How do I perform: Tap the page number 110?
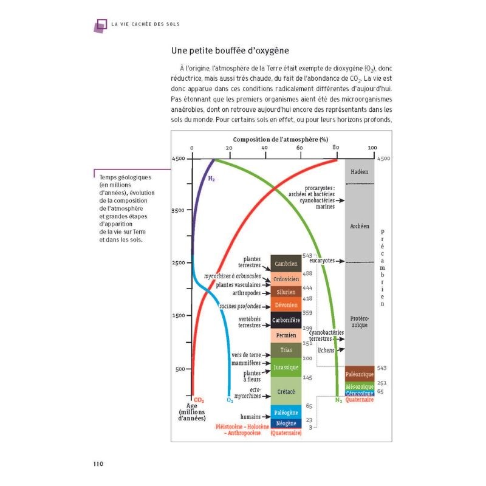tap(100, 464)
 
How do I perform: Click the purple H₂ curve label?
tap(211, 179)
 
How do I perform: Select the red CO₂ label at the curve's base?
tap(199, 400)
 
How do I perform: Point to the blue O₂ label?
tap(230, 400)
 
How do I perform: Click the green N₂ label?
tap(339, 400)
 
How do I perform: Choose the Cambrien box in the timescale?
tap(286, 264)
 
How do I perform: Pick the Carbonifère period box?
tap(286, 320)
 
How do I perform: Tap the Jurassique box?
tap(286, 368)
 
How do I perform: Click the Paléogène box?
tap(286, 412)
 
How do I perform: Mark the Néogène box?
tap(286, 423)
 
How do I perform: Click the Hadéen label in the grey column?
tap(360, 171)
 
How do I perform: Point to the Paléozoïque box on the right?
tap(359, 373)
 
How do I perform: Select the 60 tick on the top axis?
tap(299, 148)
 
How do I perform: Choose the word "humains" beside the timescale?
tap(250, 417)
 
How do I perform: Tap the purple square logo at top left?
tap(100, 24)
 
